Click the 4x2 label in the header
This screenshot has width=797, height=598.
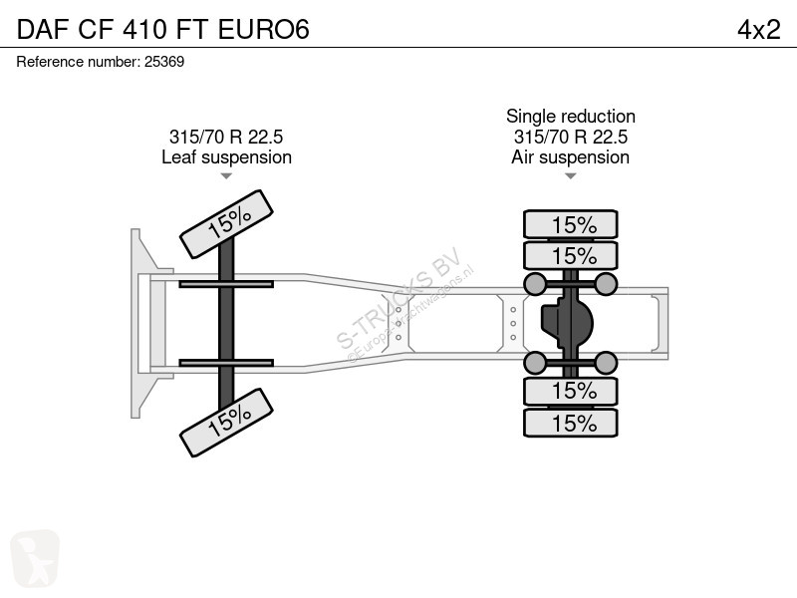[x=758, y=29]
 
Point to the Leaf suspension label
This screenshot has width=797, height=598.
[x=226, y=156]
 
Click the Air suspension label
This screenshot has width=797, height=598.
[x=570, y=156]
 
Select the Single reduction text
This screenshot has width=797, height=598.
[x=570, y=117]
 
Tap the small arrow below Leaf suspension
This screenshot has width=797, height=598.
[x=226, y=176]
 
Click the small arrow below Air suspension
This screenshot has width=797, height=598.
[x=570, y=176]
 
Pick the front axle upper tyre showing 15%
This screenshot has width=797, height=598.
[x=226, y=225]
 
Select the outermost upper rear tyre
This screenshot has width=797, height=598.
[x=571, y=224]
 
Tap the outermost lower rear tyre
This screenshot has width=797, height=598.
[x=571, y=423]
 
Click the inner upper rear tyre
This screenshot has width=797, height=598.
[x=571, y=254]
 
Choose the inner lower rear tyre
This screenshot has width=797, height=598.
[x=571, y=392]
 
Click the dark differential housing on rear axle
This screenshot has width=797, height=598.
[x=564, y=322]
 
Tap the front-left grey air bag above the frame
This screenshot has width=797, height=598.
[x=535, y=285]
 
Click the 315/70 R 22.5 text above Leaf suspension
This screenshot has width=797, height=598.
[x=226, y=137]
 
